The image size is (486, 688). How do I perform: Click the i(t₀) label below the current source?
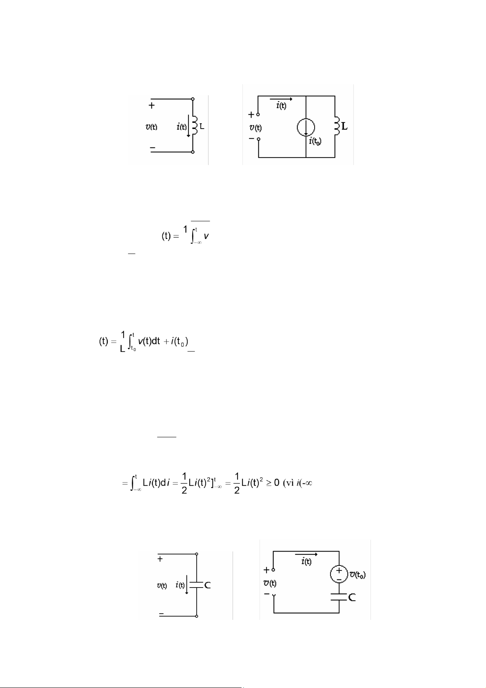pos(317,141)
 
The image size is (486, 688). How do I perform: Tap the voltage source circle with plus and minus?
pos(339,574)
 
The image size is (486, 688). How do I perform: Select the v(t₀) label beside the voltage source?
pos(357,575)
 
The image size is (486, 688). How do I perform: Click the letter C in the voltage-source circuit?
pos(352,597)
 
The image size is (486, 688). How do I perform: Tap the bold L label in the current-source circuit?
pos(345,127)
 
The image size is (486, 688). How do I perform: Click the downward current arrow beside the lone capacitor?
pos(187,585)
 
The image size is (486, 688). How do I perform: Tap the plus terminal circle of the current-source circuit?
pos(258,115)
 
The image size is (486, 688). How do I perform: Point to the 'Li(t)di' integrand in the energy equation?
pos(156,483)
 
